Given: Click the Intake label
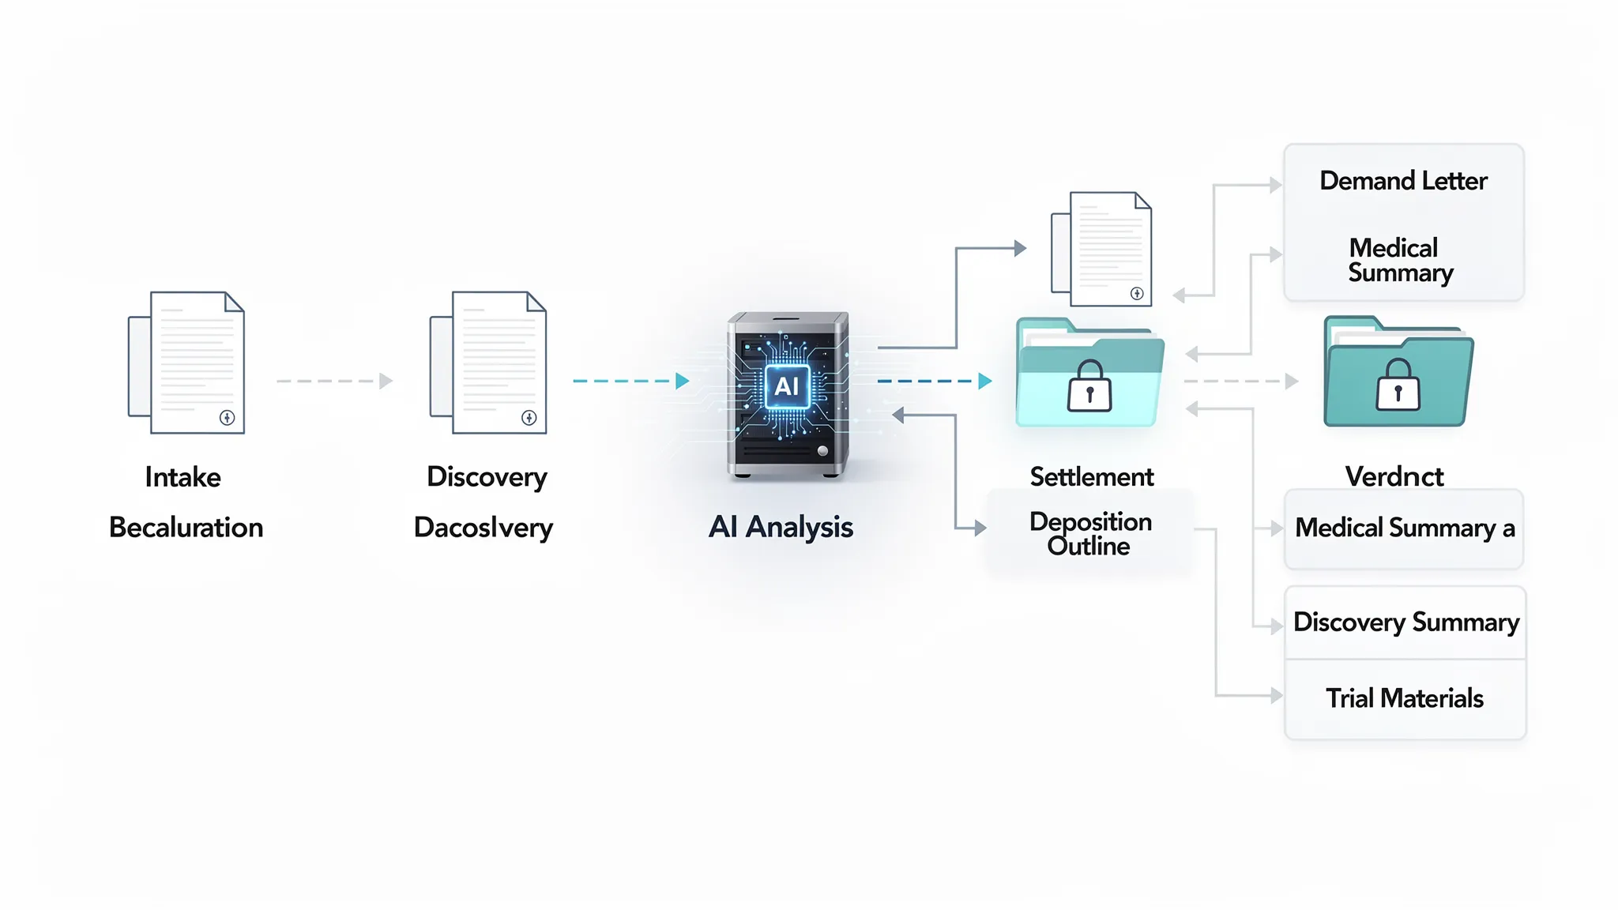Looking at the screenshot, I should click(182, 477).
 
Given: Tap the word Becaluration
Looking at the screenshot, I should click(186, 528).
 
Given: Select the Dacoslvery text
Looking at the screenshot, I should click(483, 528).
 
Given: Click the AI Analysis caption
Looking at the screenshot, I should click(781, 527).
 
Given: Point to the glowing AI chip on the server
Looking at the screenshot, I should click(787, 386).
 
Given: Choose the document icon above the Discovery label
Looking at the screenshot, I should click(489, 363).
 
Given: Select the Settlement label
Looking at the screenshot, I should click(1092, 477).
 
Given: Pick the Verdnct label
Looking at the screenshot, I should click(1394, 476).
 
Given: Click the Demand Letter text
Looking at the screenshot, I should click(1403, 181).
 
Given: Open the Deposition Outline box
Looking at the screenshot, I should click(1090, 534).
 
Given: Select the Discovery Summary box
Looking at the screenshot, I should click(1405, 622).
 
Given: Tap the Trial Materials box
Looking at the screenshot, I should click(1405, 698).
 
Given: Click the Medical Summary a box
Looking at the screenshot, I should click(1404, 528).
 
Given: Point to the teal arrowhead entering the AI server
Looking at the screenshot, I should click(683, 381).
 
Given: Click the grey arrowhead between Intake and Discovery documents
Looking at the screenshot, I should click(386, 381).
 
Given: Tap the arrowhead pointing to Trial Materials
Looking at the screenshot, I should click(1276, 696).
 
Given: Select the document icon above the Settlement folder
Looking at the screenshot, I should click(1102, 249).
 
